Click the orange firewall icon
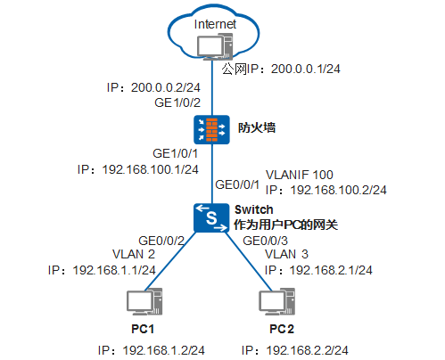[213, 129]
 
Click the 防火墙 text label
[256, 128]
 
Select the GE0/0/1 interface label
[238, 185]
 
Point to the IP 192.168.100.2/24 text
[326, 190]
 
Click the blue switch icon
[212, 217]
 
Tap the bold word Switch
[252, 209]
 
